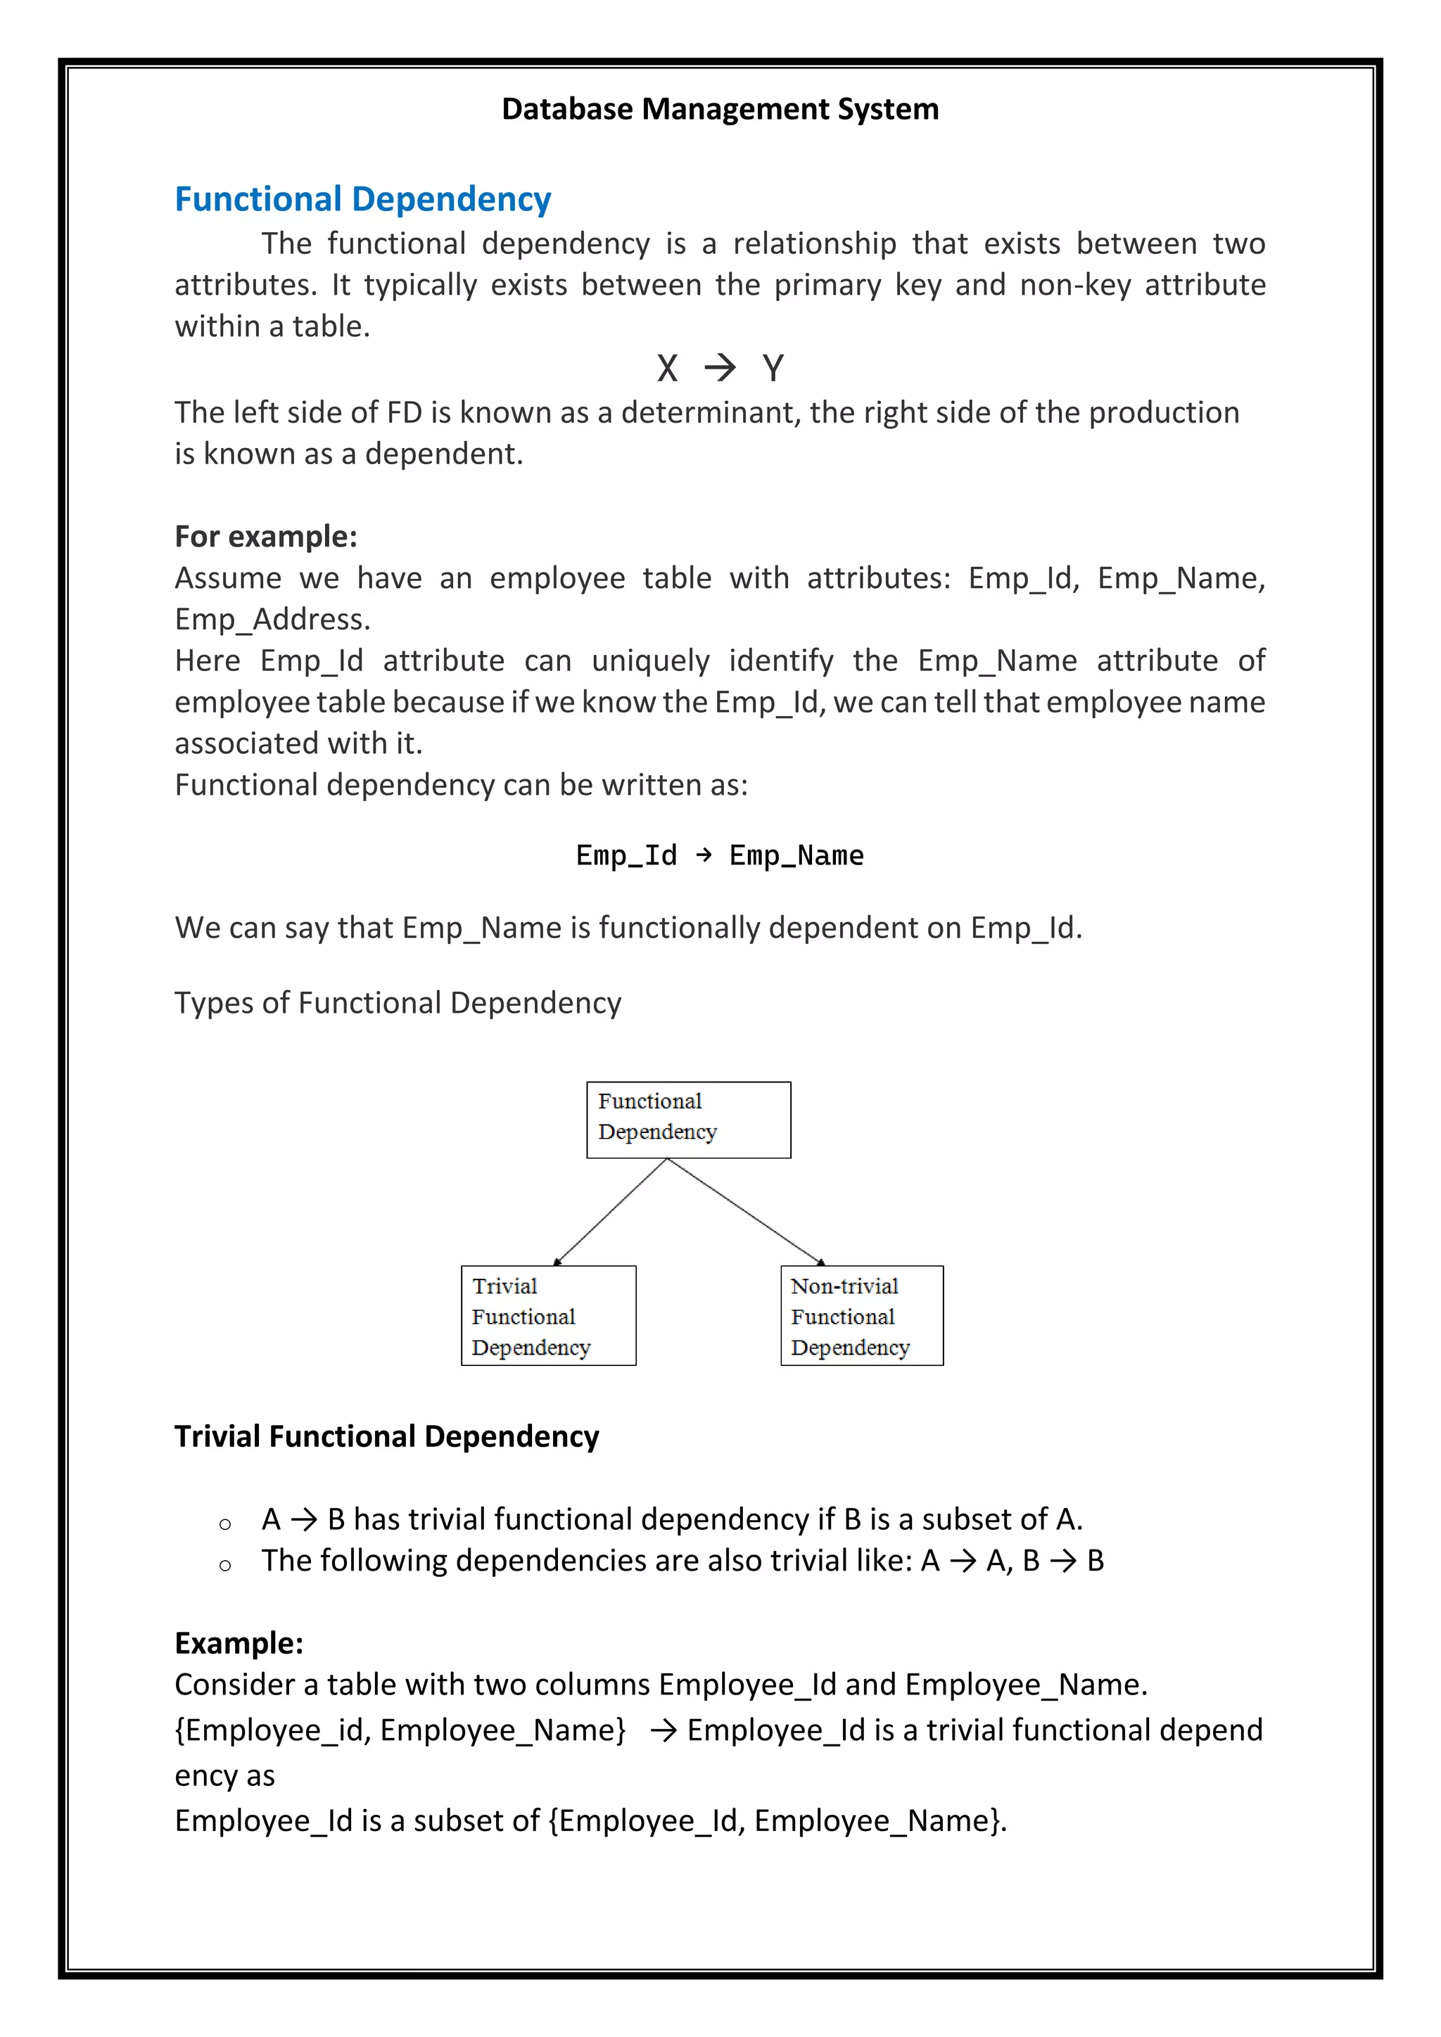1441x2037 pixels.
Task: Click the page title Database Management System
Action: (x=720, y=109)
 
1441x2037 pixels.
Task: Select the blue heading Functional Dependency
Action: (x=362, y=200)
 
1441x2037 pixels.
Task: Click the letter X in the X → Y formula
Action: (x=667, y=368)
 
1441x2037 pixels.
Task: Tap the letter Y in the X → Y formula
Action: (x=773, y=368)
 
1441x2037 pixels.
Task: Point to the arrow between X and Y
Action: (x=720, y=367)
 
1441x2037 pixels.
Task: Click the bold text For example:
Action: (x=265, y=537)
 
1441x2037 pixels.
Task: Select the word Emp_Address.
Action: (x=271, y=619)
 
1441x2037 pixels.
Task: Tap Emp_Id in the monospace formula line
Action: (x=626, y=855)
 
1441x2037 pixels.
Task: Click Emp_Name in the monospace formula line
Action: (x=796, y=855)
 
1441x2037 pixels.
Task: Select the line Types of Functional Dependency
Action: (x=398, y=1002)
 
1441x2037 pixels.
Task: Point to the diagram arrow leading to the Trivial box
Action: (x=609, y=1212)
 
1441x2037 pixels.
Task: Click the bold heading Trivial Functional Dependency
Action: (x=386, y=1436)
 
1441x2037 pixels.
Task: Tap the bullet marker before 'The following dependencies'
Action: (x=224, y=1566)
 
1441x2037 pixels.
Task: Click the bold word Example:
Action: (x=239, y=1643)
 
